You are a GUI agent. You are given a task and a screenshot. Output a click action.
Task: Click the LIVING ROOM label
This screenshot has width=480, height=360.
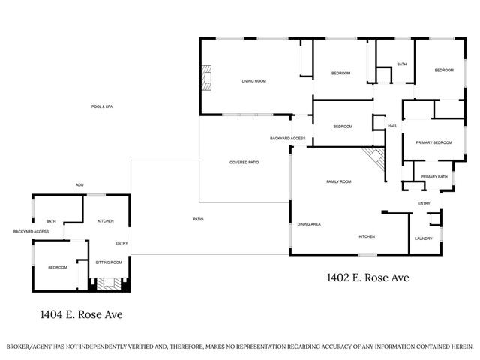[254, 81]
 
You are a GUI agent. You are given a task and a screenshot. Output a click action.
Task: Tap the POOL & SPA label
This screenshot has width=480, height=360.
[101, 106]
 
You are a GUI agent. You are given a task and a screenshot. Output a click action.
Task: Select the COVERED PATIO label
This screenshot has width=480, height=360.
[244, 163]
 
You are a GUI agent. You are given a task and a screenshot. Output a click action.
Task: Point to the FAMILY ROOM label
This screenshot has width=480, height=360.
[339, 182]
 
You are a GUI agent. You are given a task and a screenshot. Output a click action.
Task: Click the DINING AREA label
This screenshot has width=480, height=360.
[309, 224]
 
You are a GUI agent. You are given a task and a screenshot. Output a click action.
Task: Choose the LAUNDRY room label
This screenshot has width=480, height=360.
[423, 239]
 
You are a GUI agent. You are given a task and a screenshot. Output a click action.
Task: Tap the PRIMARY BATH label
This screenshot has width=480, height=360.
[433, 177]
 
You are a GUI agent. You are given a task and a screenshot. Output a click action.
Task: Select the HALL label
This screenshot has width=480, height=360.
[392, 126]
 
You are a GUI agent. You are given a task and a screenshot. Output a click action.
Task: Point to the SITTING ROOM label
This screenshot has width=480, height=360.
[109, 262]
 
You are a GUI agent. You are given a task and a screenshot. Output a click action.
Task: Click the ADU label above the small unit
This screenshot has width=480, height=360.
[79, 185]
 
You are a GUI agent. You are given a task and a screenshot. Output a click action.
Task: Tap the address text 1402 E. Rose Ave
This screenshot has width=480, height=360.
[367, 277]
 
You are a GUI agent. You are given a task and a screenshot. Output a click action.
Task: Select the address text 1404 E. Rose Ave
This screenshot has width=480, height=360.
[82, 315]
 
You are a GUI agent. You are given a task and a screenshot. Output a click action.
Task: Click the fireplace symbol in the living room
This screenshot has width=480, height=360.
[205, 77]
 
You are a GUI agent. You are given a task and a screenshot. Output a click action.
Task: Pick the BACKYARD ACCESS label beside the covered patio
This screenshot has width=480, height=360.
[287, 139]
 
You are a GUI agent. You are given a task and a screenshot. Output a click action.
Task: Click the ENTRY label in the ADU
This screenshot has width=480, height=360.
[121, 243]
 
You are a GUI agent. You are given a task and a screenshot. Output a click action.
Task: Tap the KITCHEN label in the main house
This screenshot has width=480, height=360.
[367, 237]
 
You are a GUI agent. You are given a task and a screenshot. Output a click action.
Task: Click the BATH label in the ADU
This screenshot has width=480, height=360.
[51, 221]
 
